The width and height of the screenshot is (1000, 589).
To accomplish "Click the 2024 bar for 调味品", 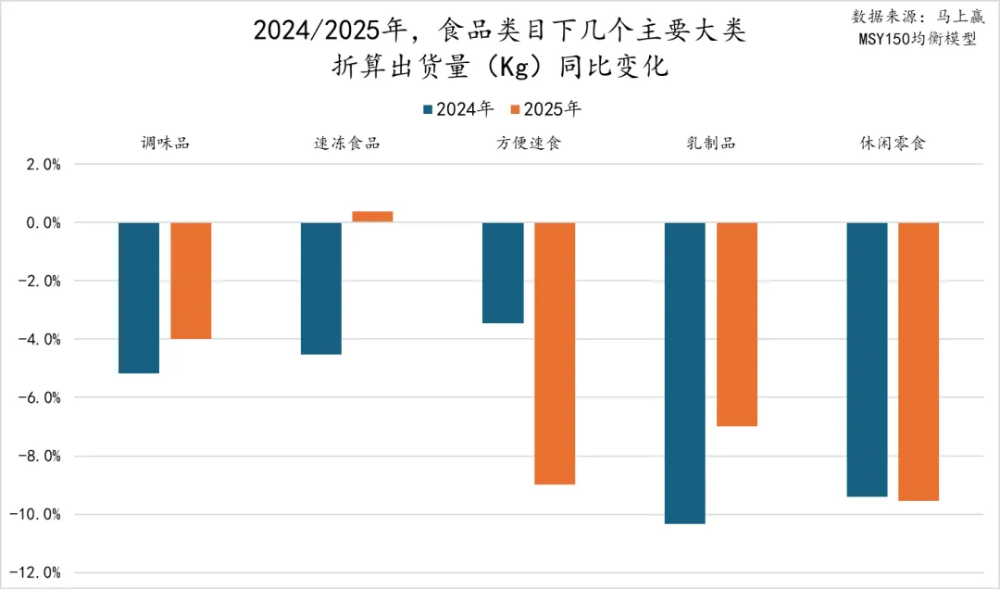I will point(139,297).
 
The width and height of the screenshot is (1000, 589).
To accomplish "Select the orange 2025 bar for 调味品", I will point(191,281).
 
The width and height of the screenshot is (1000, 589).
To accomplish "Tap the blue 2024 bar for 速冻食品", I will point(321,288).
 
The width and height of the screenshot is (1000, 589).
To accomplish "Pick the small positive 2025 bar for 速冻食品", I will point(372,217).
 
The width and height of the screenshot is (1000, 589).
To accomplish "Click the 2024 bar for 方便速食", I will point(503,272).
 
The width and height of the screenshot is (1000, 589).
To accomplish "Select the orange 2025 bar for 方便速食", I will point(555,353).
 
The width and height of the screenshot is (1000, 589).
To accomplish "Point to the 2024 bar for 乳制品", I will point(685,372).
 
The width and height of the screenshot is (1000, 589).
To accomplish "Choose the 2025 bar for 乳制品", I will point(737,324).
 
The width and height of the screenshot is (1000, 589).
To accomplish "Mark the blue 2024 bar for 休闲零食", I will point(868,359).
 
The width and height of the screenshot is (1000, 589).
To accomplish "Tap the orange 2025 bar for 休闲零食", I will point(919,361).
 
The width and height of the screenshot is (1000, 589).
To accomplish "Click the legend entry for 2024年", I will point(457,109).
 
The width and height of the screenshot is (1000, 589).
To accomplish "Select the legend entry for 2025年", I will point(545,109).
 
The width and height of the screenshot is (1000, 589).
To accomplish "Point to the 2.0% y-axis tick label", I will point(42,165).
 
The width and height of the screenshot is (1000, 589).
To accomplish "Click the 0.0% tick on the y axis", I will point(42,223).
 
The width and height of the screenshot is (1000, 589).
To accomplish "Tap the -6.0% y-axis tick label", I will point(39,398).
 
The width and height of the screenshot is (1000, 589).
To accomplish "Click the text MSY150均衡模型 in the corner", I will point(917,39).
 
